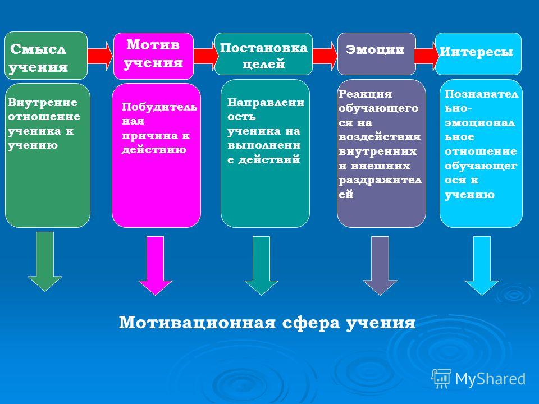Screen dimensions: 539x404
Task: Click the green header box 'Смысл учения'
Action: click(x=45, y=56)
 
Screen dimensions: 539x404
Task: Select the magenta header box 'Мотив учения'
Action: click(x=153, y=56)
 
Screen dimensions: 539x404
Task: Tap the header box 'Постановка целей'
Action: click(x=263, y=54)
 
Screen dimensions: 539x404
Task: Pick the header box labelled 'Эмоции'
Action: click(x=376, y=54)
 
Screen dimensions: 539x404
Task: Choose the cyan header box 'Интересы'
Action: click(x=478, y=54)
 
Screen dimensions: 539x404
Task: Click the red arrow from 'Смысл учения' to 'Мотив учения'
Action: click(x=100, y=56)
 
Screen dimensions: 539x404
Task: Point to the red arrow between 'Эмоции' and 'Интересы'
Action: click(x=426, y=56)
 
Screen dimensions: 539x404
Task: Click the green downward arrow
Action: click(x=45, y=261)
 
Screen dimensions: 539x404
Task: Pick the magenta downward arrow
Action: click(x=155, y=265)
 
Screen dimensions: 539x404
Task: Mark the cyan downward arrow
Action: click(x=482, y=265)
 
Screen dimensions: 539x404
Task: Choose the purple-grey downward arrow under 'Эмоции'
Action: click(x=380, y=265)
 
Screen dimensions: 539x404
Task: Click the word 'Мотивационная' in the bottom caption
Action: click(x=197, y=323)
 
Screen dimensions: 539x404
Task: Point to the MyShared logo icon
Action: click(x=441, y=379)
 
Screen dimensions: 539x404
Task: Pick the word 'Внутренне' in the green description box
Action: click(x=42, y=102)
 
